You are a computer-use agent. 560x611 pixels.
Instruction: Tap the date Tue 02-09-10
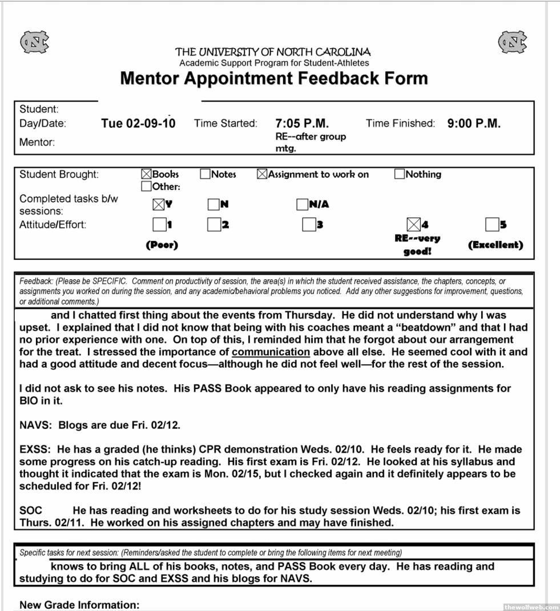(x=138, y=123)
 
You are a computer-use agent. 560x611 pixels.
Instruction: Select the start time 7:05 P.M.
(x=301, y=123)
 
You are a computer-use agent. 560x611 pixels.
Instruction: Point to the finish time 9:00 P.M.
(x=474, y=123)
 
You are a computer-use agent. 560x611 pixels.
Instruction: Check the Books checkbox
(x=146, y=174)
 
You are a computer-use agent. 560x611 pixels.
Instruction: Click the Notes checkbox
(x=206, y=174)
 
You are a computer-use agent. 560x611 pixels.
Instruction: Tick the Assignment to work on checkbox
(x=262, y=174)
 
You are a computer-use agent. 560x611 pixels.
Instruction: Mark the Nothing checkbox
(x=400, y=174)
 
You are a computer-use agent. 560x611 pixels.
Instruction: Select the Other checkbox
(x=146, y=186)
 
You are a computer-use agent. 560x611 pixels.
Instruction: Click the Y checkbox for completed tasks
(x=158, y=204)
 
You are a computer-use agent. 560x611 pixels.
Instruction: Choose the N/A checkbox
(x=302, y=204)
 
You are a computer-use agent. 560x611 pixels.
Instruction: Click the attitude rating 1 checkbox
(x=159, y=224)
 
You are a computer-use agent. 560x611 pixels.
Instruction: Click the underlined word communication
(x=271, y=352)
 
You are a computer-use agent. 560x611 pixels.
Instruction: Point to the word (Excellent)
(x=495, y=245)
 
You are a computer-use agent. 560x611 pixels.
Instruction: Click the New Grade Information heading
(x=79, y=605)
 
